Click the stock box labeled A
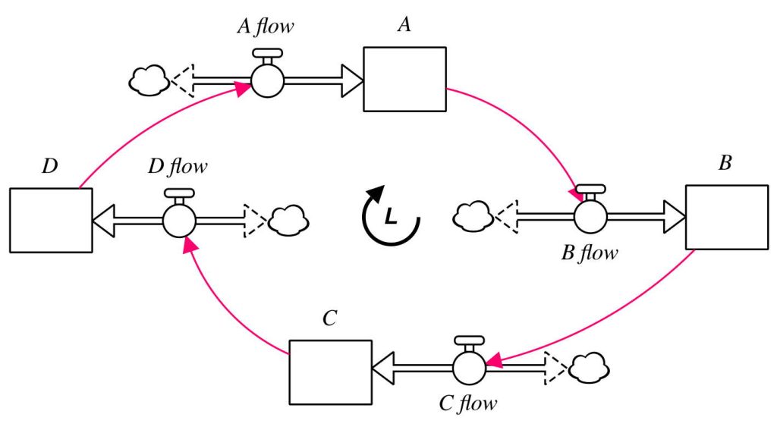point(404,80)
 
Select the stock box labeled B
point(726,217)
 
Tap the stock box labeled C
point(330,372)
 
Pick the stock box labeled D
point(51,220)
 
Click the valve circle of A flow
point(267,80)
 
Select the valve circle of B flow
point(590,217)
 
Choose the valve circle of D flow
point(179,220)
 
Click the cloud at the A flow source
point(149,80)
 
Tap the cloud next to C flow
point(589,368)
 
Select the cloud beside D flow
point(289,220)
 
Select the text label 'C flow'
point(467,403)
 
